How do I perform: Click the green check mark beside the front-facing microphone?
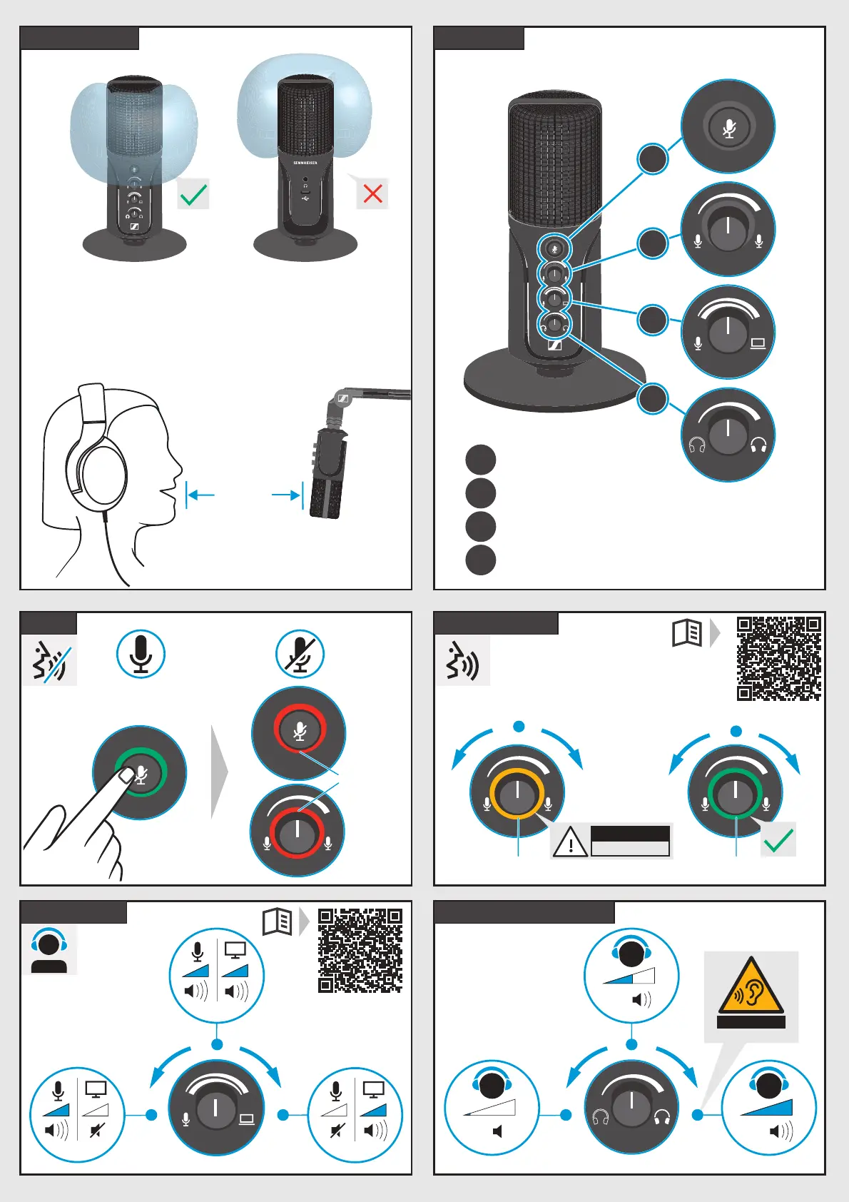193,194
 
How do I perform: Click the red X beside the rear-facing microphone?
372,193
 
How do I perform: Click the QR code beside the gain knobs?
778,659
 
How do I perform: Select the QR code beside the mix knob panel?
360,950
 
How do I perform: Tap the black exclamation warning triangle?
570,842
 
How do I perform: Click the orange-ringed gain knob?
517,792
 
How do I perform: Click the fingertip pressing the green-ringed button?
126,775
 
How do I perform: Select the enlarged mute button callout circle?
728,127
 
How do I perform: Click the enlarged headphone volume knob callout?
728,435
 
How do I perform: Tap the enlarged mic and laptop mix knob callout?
728,332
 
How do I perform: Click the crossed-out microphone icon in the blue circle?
300,654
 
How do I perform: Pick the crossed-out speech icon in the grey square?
49,661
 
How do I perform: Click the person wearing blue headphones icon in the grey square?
49,950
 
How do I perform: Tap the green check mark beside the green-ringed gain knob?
778,839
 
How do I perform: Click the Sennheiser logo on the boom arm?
342,399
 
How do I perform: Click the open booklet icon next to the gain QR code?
688,632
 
